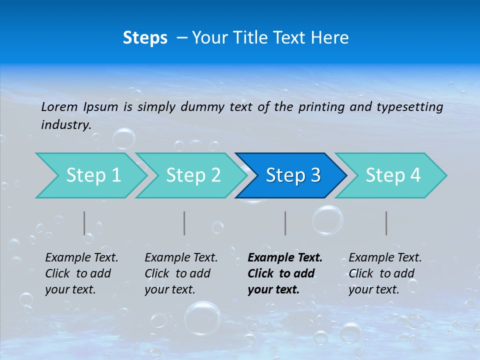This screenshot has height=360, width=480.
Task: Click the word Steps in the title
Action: (x=145, y=38)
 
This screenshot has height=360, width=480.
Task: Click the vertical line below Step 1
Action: (x=84, y=223)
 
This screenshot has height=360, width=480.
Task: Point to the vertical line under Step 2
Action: (x=184, y=223)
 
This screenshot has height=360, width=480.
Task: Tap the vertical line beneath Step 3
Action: (x=285, y=223)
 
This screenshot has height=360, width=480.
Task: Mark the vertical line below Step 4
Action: (x=386, y=223)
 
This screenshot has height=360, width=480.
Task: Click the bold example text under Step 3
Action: (x=284, y=273)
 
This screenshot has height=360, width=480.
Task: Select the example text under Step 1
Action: (x=81, y=273)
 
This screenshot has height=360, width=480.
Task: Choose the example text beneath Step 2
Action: (x=181, y=273)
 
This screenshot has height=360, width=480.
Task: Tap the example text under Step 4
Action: (x=385, y=273)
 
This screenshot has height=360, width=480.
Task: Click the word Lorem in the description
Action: (x=59, y=107)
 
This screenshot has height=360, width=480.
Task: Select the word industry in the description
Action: (x=65, y=125)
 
